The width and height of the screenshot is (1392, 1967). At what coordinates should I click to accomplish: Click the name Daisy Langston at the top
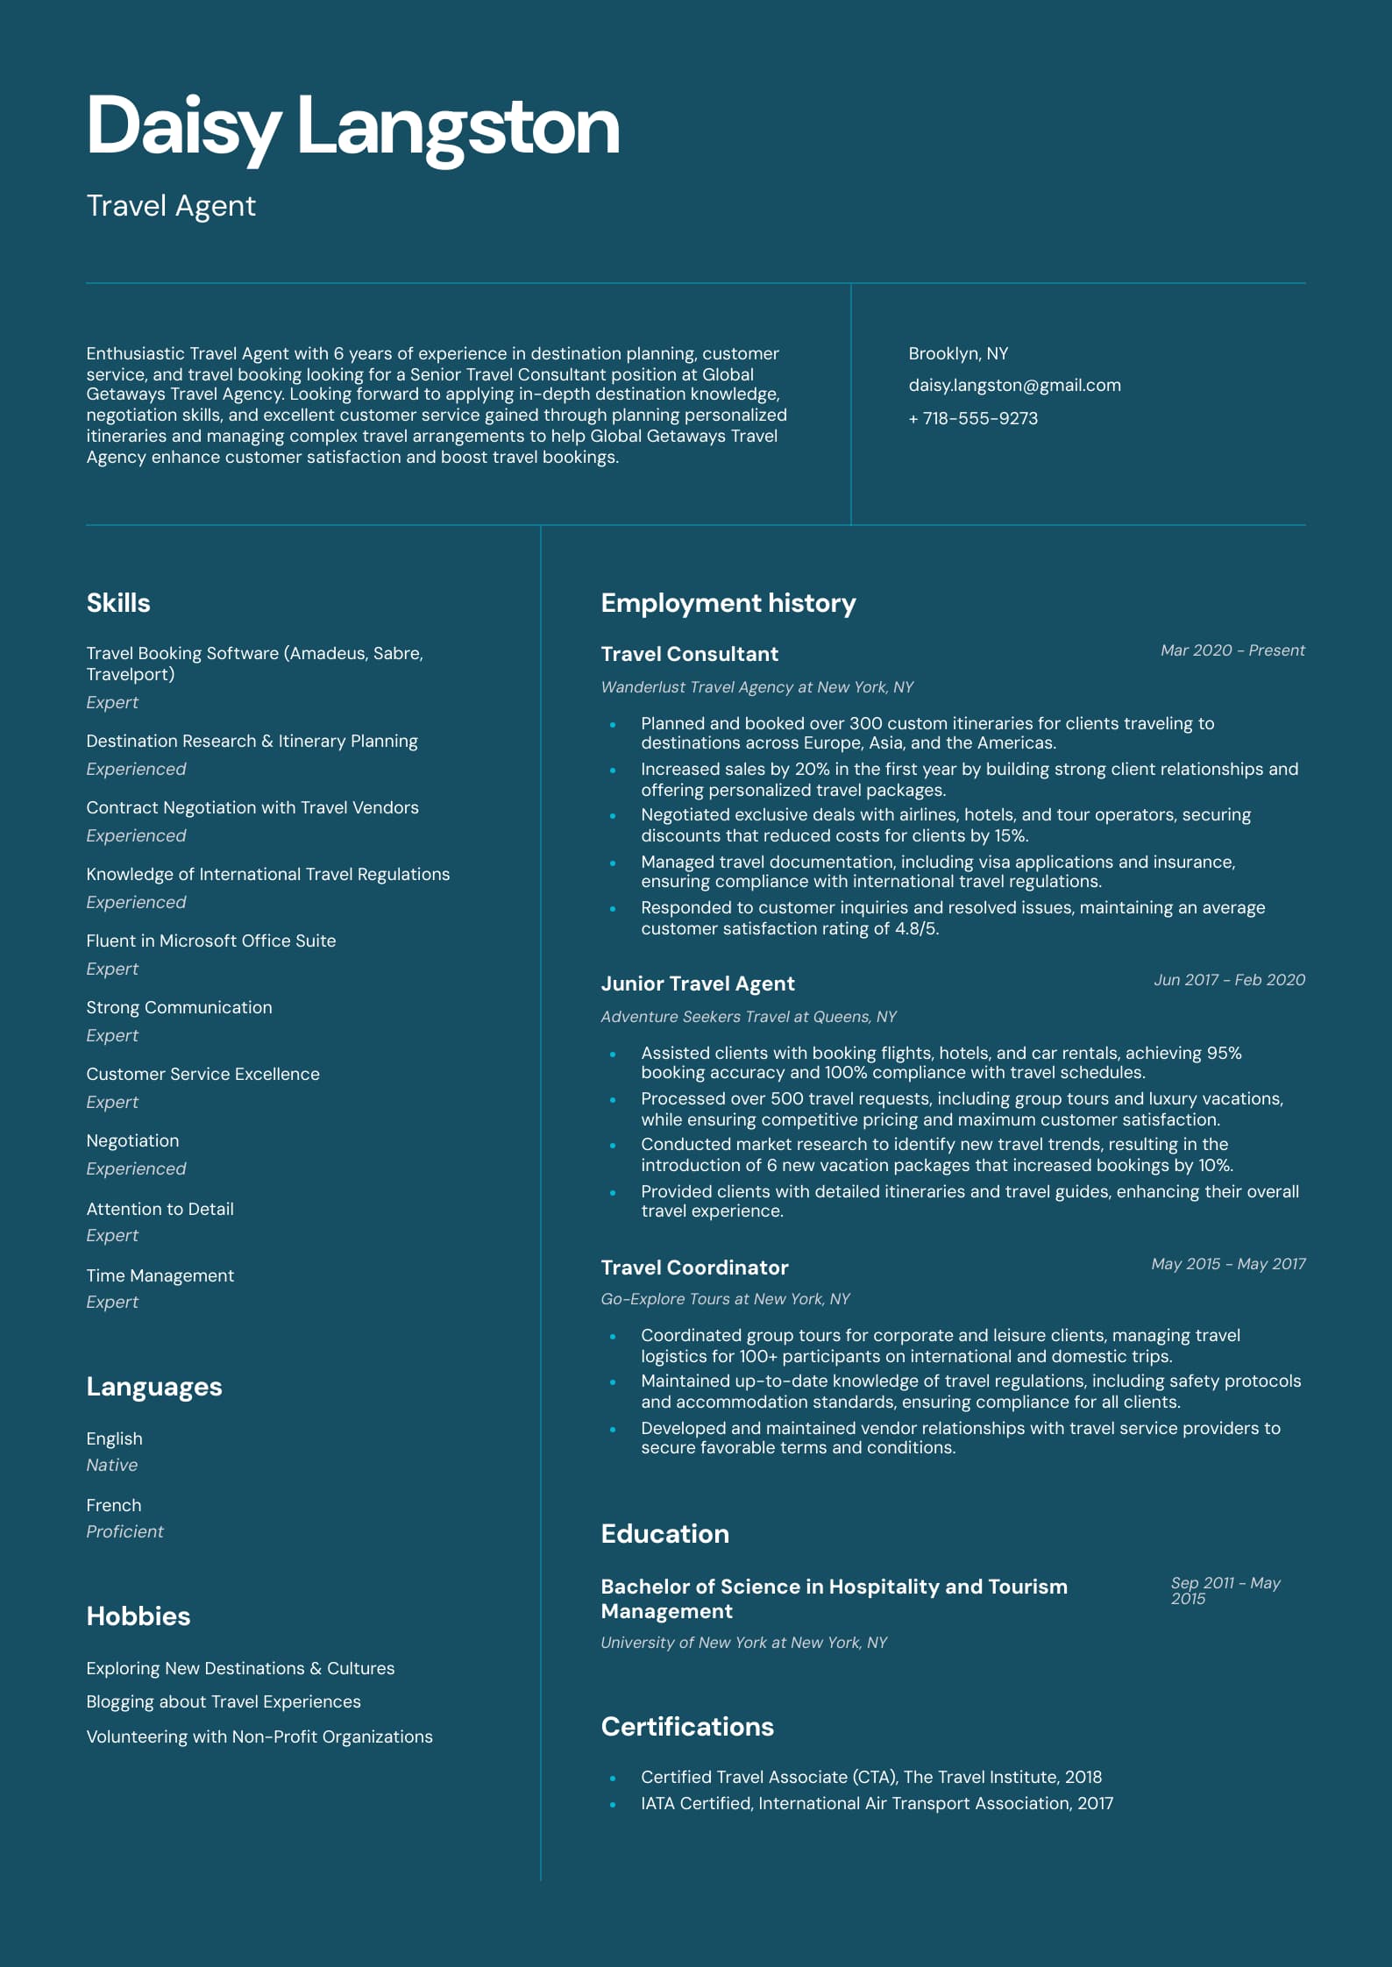coord(352,127)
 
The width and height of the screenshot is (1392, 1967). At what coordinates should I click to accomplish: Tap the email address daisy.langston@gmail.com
coord(1014,386)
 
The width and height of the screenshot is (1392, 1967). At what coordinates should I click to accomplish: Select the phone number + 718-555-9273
coord(973,419)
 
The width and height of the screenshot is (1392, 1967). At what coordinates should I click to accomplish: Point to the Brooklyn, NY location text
coord(958,354)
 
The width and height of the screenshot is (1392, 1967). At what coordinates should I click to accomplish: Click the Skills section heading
coord(118,603)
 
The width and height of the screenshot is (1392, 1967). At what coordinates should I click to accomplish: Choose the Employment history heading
coord(728,603)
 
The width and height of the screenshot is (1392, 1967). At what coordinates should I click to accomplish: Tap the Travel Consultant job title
coord(689,654)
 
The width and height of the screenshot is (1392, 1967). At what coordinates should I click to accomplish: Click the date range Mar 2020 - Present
coord(1232,650)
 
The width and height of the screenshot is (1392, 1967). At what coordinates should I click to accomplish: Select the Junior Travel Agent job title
coord(697,983)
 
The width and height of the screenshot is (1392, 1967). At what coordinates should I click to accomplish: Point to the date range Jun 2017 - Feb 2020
coord(1229,980)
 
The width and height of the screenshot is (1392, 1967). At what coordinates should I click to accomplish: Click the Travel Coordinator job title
coord(694,1268)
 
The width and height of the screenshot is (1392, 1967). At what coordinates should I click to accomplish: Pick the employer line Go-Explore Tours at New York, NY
coord(725,1299)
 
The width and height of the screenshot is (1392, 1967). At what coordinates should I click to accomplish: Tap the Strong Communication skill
coord(179,1008)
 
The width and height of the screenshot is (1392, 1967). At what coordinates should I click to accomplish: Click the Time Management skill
coord(160,1276)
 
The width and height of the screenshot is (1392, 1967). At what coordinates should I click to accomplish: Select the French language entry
coord(113,1506)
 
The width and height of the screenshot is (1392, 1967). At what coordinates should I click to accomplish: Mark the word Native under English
coord(111,1466)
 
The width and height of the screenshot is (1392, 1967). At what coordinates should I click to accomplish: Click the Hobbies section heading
coord(138,1616)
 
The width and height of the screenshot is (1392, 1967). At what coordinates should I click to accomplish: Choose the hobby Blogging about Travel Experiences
coord(223,1702)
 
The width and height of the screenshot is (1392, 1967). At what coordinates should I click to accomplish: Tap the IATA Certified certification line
coord(877,1804)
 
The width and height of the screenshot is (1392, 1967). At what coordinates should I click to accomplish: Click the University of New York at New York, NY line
coord(743,1643)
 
